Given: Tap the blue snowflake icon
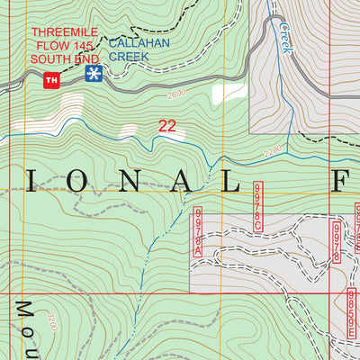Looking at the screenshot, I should [92, 73].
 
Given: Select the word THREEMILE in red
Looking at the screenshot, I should [64, 32].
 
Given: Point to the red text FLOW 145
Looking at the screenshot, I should [64, 45].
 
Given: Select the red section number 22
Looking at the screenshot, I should [166, 127].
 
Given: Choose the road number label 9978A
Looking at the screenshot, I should [199, 232].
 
